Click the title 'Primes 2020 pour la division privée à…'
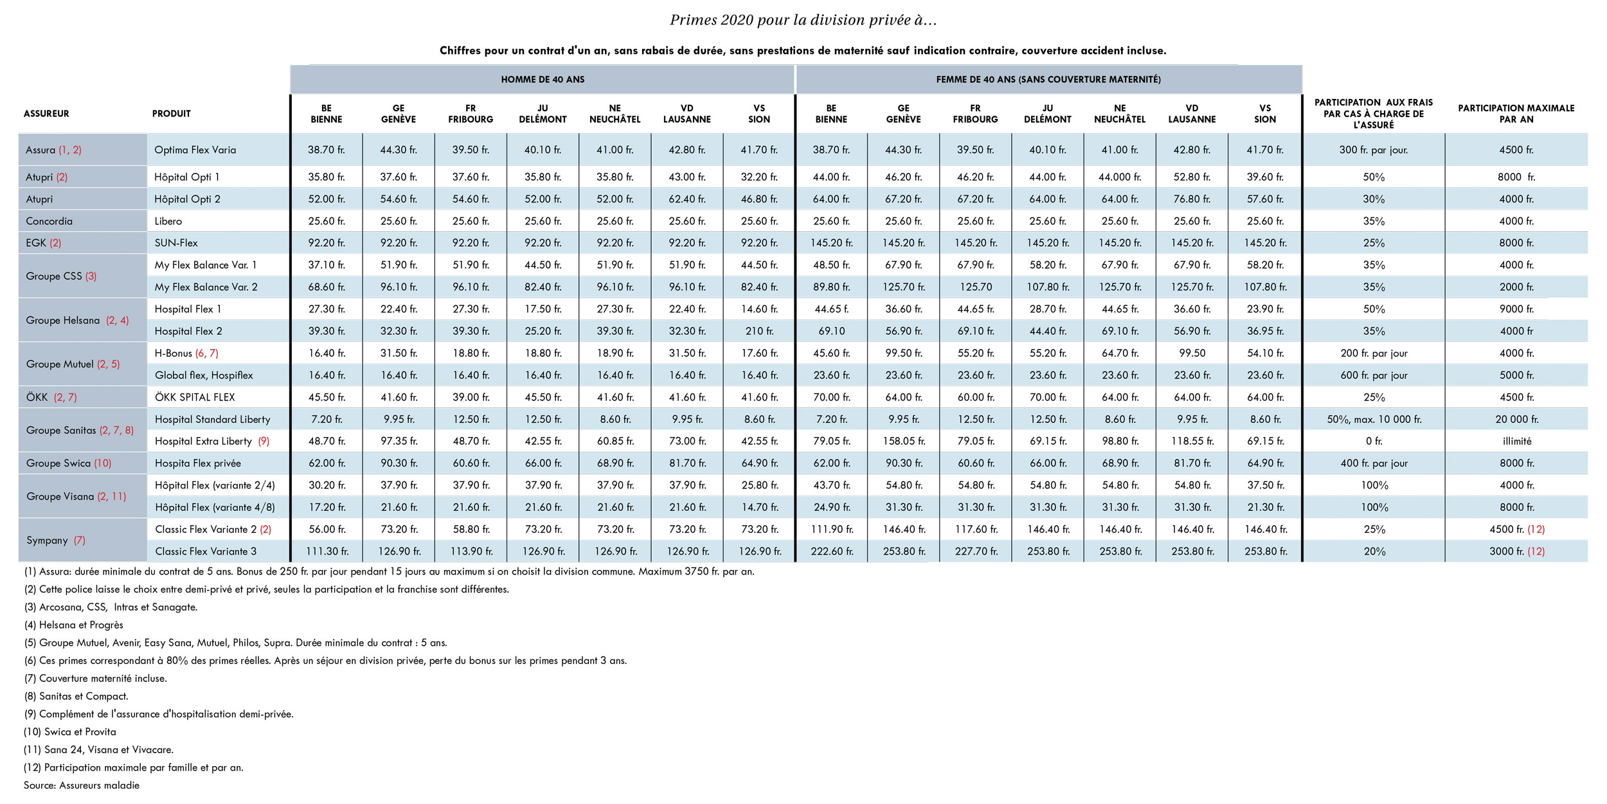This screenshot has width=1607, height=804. (803, 20)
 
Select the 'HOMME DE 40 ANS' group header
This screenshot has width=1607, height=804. (543, 80)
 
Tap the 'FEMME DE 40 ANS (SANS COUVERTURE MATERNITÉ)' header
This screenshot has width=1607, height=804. (1048, 80)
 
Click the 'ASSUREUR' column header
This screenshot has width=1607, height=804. (46, 114)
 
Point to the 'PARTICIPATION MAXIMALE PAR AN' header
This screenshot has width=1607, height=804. (1516, 114)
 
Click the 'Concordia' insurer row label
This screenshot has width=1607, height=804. (49, 221)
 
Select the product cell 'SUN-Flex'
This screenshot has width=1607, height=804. (176, 243)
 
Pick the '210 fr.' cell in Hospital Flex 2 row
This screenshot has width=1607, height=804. (759, 331)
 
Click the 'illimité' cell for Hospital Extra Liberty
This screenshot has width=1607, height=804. (1516, 441)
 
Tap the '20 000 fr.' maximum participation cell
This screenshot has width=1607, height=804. (1516, 419)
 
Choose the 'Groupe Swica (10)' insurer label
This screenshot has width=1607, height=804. (69, 463)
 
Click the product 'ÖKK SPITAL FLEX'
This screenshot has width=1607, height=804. (195, 397)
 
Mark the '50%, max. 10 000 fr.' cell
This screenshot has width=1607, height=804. (1374, 419)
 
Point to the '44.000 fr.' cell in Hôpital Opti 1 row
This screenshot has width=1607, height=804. (1120, 177)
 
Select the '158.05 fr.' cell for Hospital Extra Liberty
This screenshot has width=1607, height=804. (904, 441)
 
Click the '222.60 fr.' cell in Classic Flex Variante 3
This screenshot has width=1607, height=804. (832, 551)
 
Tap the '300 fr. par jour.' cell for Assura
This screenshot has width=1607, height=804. (1374, 150)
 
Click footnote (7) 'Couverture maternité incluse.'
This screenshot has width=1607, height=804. (95, 678)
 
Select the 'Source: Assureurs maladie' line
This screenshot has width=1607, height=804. (82, 785)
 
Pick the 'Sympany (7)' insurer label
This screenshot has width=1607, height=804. (56, 540)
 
